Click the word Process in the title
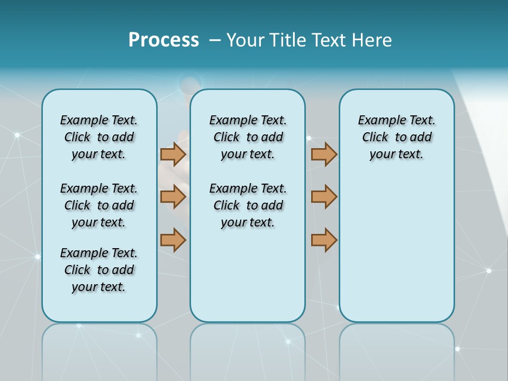click(x=164, y=40)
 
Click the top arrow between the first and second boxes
click(x=173, y=154)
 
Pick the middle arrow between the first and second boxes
click(x=173, y=197)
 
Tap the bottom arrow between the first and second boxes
click(x=173, y=240)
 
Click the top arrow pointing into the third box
click(x=324, y=154)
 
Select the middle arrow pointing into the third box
click(x=324, y=197)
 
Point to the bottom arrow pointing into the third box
click(x=324, y=240)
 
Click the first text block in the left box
click(x=98, y=137)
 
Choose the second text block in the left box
click(x=98, y=205)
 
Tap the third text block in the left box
click(x=98, y=270)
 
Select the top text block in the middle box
click(x=248, y=137)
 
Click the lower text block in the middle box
click(x=248, y=205)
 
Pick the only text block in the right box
click(x=396, y=137)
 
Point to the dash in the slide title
click(x=215, y=40)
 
